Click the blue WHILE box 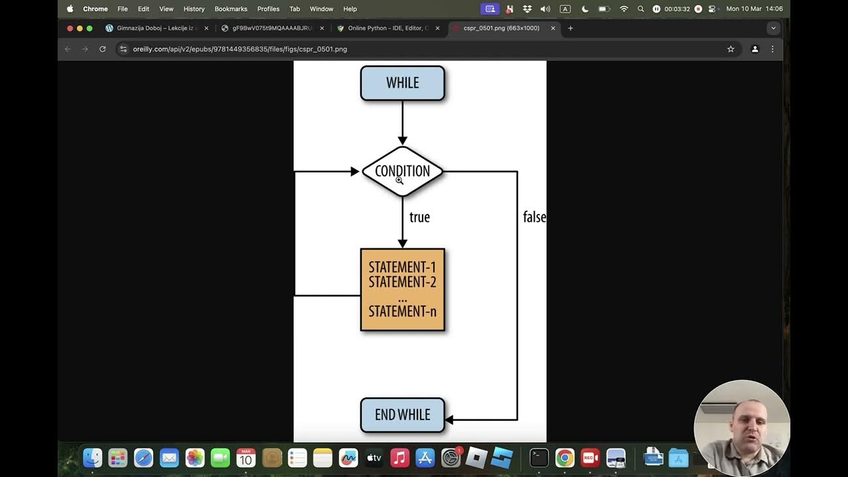pyautogui.click(x=402, y=83)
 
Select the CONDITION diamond pyautogui.click(x=402, y=171)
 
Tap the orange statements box pyautogui.click(x=402, y=290)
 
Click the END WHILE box pyautogui.click(x=402, y=415)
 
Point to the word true pyautogui.click(x=419, y=217)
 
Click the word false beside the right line pyautogui.click(x=534, y=217)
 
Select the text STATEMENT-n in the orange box pyautogui.click(x=402, y=311)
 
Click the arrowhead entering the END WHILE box pyautogui.click(x=449, y=419)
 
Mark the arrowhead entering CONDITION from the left pyautogui.click(x=354, y=172)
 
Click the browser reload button pyautogui.click(x=103, y=49)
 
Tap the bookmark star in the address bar pyautogui.click(x=731, y=49)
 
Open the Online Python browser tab pyautogui.click(x=388, y=28)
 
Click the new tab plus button pyautogui.click(x=570, y=28)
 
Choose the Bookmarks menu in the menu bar pyautogui.click(x=231, y=9)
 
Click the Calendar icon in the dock pyautogui.click(x=246, y=458)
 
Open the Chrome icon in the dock pyautogui.click(x=564, y=458)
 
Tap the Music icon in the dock pyautogui.click(x=399, y=458)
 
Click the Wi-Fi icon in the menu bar pyautogui.click(x=623, y=9)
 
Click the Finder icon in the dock pyautogui.click(x=93, y=458)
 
